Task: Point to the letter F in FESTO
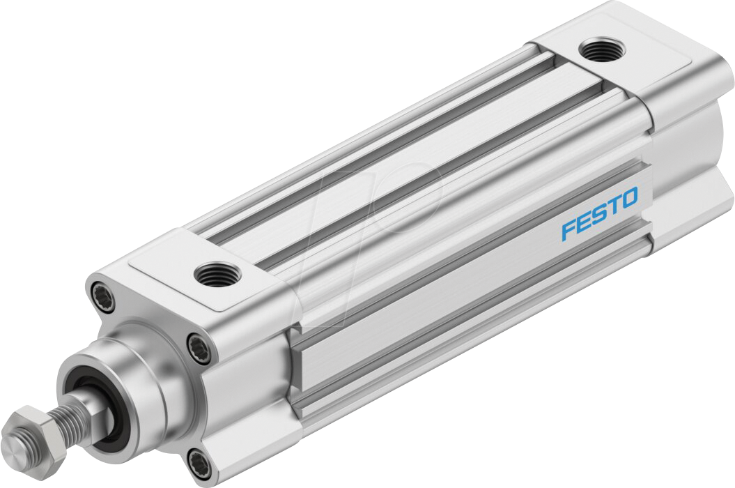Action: coord(569,230)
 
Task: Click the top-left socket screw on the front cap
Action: coord(98,291)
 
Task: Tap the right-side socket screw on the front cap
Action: coord(199,344)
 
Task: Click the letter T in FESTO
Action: coord(612,206)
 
